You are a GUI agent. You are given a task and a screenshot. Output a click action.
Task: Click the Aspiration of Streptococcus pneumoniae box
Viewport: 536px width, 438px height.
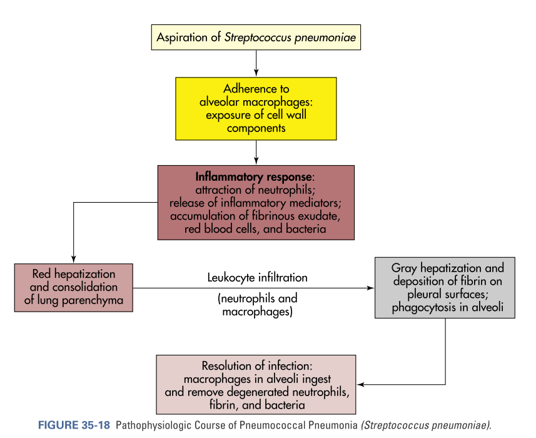pyautogui.click(x=256, y=38)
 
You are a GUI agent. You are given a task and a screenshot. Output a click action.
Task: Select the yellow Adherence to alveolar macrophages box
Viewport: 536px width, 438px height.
pyautogui.click(x=256, y=108)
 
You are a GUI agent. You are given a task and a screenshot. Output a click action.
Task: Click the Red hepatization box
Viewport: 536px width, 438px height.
pyautogui.click(x=74, y=287)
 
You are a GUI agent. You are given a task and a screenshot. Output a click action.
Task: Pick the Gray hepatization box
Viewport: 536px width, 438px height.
pyautogui.click(x=445, y=287)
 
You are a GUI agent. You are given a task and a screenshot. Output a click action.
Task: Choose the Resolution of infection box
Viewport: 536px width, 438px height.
pyautogui.click(x=256, y=384)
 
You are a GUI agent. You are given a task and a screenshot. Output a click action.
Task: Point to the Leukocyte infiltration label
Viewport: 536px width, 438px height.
pyautogui.click(x=258, y=277)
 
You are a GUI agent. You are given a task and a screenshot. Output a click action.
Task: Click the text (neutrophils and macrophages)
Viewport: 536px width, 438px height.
pyautogui.click(x=257, y=305)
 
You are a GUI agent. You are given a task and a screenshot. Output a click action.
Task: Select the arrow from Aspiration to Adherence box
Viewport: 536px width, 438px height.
pyautogui.click(x=256, y=63)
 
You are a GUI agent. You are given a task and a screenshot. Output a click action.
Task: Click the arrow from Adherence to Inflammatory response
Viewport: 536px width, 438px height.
pyautogui.click(x=256, y=152)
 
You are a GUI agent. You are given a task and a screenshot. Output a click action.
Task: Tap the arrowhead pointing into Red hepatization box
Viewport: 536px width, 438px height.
pyautogui.click(x=74, y=260)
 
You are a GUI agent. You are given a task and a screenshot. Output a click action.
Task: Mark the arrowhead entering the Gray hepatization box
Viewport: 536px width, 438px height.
pyautogui.click(x=371, y=288)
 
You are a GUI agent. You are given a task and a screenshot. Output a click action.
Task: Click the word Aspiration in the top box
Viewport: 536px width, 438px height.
pyautogui.click(x=182, y=38)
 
